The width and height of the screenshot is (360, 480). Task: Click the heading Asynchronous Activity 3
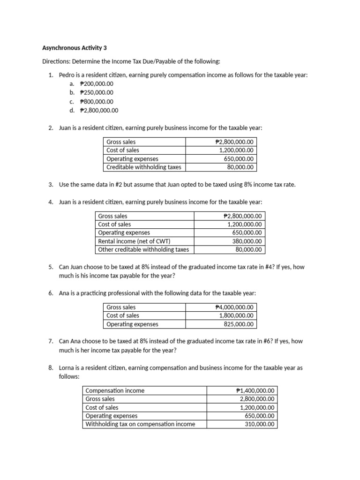point(75,48)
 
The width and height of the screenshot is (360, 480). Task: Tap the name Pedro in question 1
point(67,75)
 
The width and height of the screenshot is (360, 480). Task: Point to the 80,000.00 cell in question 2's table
point(240,167)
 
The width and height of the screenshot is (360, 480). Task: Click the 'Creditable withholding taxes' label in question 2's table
point(143,167)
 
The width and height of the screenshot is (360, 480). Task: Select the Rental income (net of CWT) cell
point(131,241)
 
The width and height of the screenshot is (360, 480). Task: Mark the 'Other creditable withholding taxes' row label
point(143,250)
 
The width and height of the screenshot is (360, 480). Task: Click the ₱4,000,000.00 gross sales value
point(234,307)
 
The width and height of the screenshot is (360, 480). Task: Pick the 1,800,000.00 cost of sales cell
point(236,316)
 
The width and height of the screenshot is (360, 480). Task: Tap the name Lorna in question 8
point(67,368)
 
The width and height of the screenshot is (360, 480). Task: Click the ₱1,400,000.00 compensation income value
point(255,390)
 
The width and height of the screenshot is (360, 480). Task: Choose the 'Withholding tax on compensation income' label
point(140,425)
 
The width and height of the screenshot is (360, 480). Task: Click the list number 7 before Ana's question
point(51,342)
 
